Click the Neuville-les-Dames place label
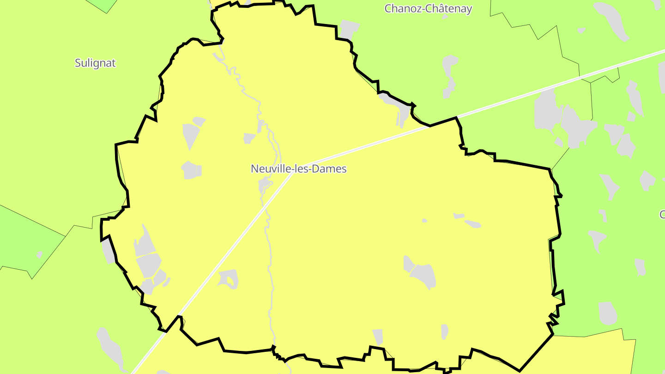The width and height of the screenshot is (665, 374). pos(298,169)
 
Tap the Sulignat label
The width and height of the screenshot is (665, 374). pos(95,63)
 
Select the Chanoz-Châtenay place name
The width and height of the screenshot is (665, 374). pos(428,9)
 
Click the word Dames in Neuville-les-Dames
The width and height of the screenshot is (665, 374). pos(329,169)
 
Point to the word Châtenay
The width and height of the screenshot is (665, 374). pos(451,9)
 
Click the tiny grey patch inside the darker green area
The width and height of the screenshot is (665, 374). pos(40,254)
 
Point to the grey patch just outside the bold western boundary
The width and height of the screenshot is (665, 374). pos(109,252)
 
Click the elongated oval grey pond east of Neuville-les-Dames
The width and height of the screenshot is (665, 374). pos(473,224)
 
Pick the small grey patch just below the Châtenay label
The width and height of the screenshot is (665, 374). pos(445,17)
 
